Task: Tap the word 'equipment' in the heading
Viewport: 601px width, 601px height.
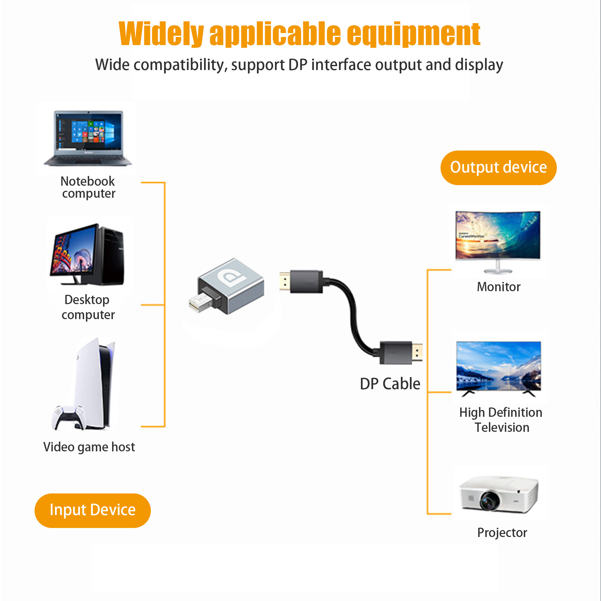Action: coord(413,34)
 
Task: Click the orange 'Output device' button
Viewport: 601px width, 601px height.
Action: coord(498,168)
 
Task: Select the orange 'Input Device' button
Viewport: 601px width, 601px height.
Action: coord(92,511)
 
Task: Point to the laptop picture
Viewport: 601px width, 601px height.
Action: coord(88,138)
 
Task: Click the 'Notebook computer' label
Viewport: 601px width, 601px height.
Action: coord(88,187)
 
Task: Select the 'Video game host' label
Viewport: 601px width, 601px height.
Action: coord(89,447)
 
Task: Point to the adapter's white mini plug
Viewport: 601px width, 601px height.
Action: coord(200,302)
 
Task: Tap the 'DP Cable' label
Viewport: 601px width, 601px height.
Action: coord(390,383)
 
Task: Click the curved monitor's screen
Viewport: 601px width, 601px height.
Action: coord(498,235)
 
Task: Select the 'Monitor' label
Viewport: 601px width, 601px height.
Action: coord(499,287)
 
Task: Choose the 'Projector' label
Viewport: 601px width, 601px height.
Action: coord(502,533)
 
